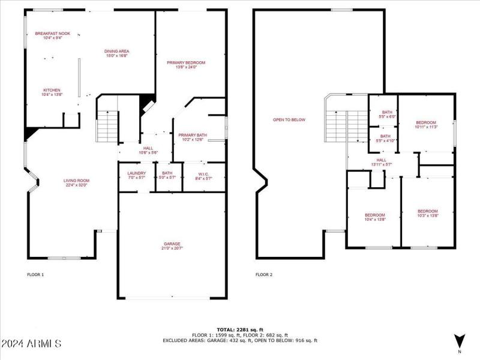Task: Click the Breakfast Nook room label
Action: pyautogui.click(x=53, y=35)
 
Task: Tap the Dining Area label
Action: pyautogui.click(x=118, y=53)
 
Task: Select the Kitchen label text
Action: pyautogui.click(x=52, y=92)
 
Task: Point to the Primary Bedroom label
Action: pyautogui.click(x=186, y=65)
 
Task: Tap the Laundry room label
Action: pyautogui.click(x=137, y=175)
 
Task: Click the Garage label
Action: pyautogui.click(x=172, y=246)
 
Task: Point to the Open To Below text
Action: pyautogui.click(x=289, y=119)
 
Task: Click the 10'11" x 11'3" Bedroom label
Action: pyautogui.click(x=426, y=124)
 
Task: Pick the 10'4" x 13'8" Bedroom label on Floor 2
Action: pyautogui.click(x=375, y=217)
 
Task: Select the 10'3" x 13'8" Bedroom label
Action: pyautogui.click(x=427, y=213)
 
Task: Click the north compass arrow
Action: pyautogui.click(x=460, y=340)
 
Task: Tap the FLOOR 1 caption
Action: pyautogui.click(x=35, y=275)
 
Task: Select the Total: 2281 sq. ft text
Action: pyautogui.click(x=240, y=329)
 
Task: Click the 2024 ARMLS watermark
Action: pyautogui.click(x=31, y=344)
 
